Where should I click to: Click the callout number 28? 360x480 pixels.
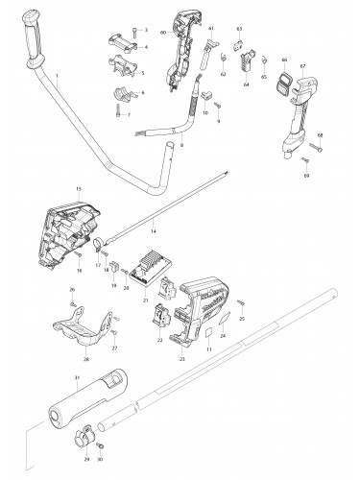pyautogui.click(x=85, y=360)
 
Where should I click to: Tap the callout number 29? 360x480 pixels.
pyautogui.click(x=77, y=461)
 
